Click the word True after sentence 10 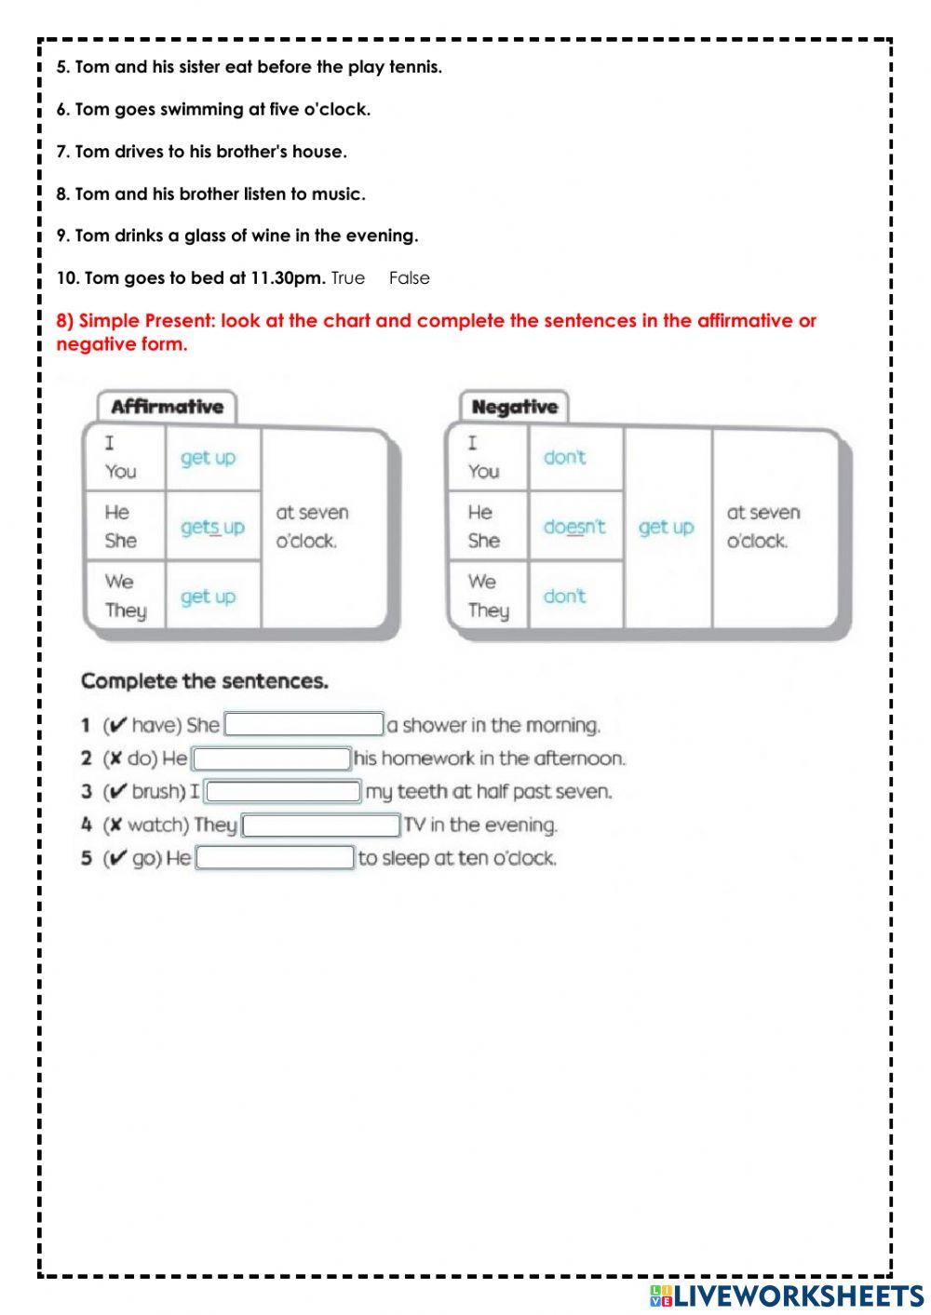[347, 278]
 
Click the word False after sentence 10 [410, 278]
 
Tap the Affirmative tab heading [168, 407]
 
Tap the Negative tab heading [514, 407]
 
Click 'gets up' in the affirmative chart [212, 527]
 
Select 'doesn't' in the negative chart [573, 527]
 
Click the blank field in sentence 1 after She [304, 725]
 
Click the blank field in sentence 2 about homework [272, 758]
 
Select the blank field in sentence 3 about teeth [283, 792]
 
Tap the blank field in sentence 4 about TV [321, 825]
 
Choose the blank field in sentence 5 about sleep [276, 858]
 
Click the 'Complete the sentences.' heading [205, 681]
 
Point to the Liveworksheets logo [787, 1295]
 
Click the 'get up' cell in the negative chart [667, 527]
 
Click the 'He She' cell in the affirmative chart [122, 527]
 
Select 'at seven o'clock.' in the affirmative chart [312, 527]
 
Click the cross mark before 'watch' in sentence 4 [116, 825]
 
